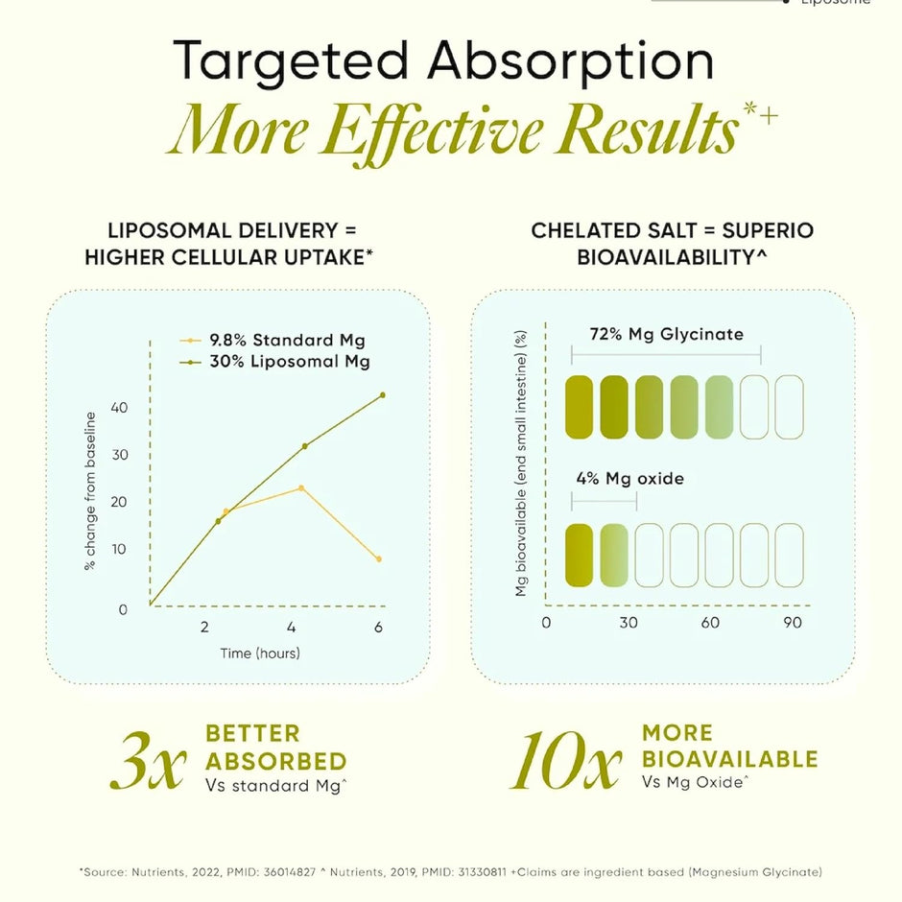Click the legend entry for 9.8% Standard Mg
click(273, 340)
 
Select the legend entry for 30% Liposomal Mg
click(274, 361)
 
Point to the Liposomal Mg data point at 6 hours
click(383, 395)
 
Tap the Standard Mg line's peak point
click(301, 488)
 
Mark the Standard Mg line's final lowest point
click(378, 559)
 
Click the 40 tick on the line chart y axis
click(119, 408)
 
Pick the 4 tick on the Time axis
click(291, 627)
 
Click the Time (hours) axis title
click(260, 653)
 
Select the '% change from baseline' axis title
click(90, 490)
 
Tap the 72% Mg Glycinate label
click(667, 334)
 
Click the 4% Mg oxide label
click(629, 479)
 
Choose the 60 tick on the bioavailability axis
click(710, 623)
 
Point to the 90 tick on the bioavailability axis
click(793, 623)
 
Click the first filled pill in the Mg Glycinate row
click(580, 407)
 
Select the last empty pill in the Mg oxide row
click(789, 556)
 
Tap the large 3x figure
click(149, 761)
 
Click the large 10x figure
click(566, 761)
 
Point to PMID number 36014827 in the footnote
click(290, 872)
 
